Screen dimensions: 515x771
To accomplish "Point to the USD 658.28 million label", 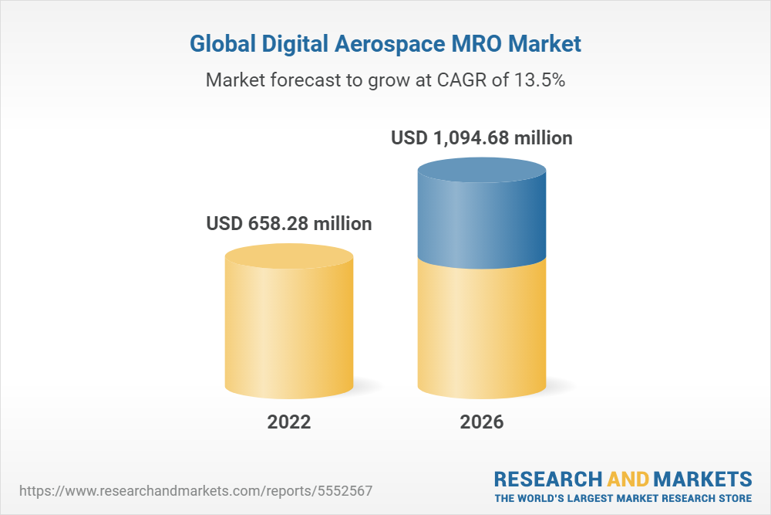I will (289, 224).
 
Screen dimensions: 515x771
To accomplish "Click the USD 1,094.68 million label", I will (482, 139).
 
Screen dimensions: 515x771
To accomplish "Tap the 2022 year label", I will (289, 422).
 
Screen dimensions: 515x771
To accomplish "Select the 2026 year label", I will (482, 422).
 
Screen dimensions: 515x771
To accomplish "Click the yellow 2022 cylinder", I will (289, 332).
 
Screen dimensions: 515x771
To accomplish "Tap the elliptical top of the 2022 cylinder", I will (289, 257).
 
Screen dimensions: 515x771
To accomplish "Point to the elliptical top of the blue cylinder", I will (482, 171).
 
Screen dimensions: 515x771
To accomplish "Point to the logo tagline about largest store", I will (623, 498).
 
